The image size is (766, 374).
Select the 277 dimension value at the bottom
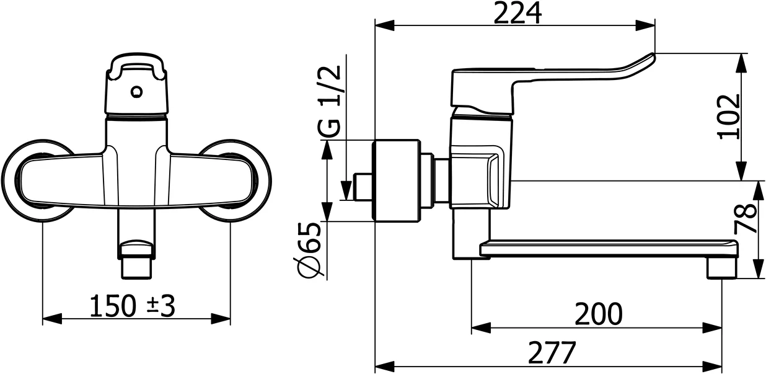tap(552, 353)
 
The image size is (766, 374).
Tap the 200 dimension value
tap(597, 314)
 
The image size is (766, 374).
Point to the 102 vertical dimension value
tap(731, 116)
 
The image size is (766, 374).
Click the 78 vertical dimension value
tap(748, 218)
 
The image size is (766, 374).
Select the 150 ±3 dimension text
tap(133, 306)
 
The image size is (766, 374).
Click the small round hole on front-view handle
tap(136, 93)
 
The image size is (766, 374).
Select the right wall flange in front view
tap(242, 180)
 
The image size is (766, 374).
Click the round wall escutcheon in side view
tap(395, 180)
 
